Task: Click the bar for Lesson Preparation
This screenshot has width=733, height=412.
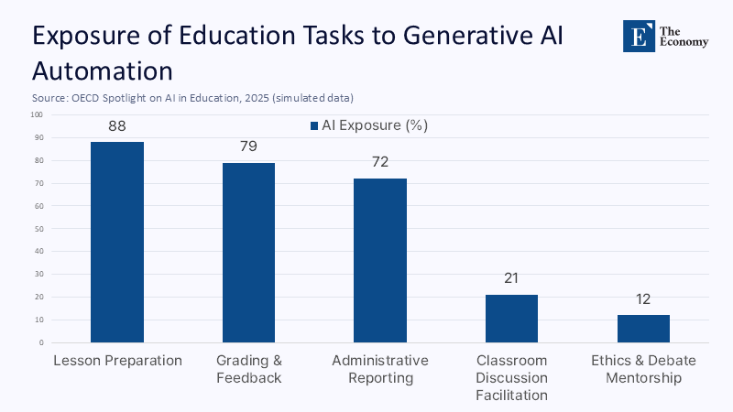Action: (x=117, y=242)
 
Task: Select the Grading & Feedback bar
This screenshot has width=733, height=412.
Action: (x=248, y=253)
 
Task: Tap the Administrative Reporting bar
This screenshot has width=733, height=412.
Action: (x=380, y=260)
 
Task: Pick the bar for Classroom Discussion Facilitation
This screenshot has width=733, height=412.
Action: (x=511, y=319)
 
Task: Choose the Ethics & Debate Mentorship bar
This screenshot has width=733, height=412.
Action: (x=643, y=329)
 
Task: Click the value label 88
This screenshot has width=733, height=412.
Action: (x=117, y=126)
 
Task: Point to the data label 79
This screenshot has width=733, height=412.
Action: (x=248, y=146)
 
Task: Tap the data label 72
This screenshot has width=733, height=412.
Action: (x=380, y=162)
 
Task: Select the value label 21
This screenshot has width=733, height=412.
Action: (x=511, y=278)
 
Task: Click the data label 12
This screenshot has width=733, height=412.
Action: (x=643, y=298)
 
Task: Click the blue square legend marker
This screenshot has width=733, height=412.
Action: (x=313, y=125)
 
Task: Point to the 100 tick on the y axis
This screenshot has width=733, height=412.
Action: (x=37, y=114)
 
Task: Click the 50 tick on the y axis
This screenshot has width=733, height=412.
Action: (x=38, y=229)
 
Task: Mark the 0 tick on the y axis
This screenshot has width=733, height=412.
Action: (x=40, y=342)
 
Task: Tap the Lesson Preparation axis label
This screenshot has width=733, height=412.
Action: (x=117, y=361)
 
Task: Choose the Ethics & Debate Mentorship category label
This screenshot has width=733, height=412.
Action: (x=643, y=369)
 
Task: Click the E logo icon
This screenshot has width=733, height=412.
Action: (x=639, y=36)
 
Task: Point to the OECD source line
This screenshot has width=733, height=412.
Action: (x=192, y=97)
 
